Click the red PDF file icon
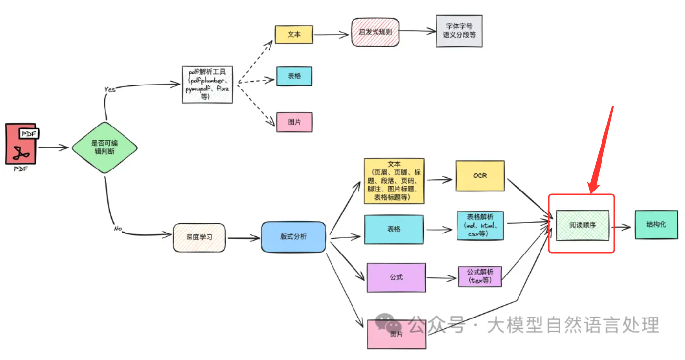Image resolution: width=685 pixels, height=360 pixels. pyautogui.click(x=21, y=144)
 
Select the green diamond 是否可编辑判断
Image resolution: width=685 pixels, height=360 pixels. pyautogui.click(x=104, y=147)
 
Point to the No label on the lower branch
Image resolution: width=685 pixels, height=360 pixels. pyautogui.click(x=117, y=228)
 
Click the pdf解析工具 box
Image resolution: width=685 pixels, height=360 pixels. pyautogui.click(x=208, y=85)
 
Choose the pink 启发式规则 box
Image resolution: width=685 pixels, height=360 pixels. pyautogui.click(x=375, y=32)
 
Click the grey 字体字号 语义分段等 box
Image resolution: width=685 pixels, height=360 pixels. pyautogui.click(x=459, y=31)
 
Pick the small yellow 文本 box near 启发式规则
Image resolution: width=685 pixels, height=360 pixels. pyautogui.click(x=294, y=35)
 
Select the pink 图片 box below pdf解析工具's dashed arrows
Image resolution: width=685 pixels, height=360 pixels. pyautogui.click(x=294, y=122)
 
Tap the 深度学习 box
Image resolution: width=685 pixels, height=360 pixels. pyautogui.click(x=199, y=238)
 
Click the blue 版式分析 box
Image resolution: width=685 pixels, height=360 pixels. pyautogui.click(x=293, y=237)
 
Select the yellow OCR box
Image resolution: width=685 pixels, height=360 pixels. pyautogui.click(x=480, y=176)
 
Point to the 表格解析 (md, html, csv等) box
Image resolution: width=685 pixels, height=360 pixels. pyautogui.click(x=481, y=225)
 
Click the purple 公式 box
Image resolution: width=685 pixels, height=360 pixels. pyautogui.click(x=396, y=277)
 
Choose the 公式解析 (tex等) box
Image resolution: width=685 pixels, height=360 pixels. pyautogui.click(x=480, y=276)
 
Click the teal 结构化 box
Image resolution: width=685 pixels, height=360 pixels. pyautogui.click(x=656, y=225)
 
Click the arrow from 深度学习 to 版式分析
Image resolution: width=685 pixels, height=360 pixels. pyautogui.click(x=243, y=238)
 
